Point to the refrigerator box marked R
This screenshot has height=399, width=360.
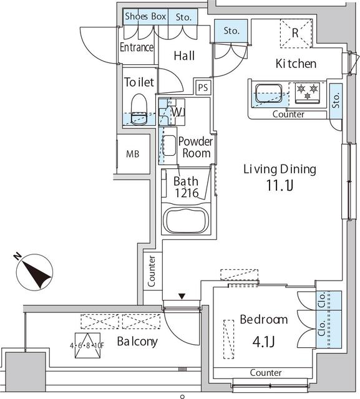pos(294,32)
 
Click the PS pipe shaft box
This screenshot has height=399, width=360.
pos(203,87)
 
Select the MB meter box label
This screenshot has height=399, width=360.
pos(133,154)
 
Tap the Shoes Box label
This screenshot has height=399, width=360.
pos(145,17)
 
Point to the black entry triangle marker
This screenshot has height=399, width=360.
pos(182,297)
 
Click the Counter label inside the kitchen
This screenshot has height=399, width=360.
pos(288,115)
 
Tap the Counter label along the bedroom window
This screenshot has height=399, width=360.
pos(265,372)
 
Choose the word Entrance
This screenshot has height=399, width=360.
pos(137,48)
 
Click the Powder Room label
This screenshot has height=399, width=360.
pos(195,147)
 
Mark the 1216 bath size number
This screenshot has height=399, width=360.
pos(187,193)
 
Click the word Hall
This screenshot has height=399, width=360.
pos(184,55)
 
